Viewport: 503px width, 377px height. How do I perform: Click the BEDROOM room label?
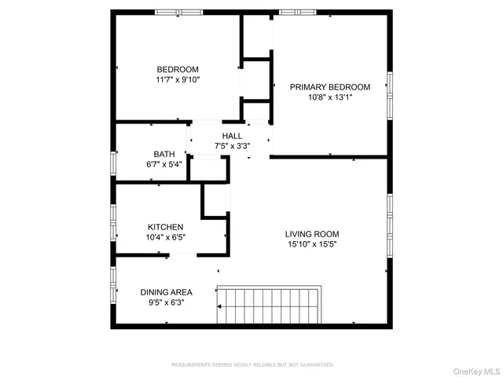177,69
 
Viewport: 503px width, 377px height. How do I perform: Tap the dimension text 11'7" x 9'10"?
177,80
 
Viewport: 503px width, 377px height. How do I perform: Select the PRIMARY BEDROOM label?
329,86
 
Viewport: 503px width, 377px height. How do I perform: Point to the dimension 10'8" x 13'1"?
329,97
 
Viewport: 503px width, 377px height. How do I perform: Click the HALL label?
232,136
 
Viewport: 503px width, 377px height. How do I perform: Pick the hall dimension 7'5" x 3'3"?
232,146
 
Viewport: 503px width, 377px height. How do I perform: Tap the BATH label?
163,154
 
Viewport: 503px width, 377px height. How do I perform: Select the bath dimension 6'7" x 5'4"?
163,165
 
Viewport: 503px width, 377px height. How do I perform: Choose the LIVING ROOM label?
312,234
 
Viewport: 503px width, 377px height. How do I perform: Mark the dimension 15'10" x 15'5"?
312,244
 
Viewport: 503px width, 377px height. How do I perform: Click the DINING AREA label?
166,292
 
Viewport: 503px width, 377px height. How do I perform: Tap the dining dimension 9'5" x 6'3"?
166,302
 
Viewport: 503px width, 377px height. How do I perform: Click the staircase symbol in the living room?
270,305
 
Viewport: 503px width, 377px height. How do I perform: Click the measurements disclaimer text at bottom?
252,364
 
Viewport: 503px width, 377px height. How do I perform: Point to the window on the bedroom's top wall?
178,12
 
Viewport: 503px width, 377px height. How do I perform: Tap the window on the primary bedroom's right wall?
388,94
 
